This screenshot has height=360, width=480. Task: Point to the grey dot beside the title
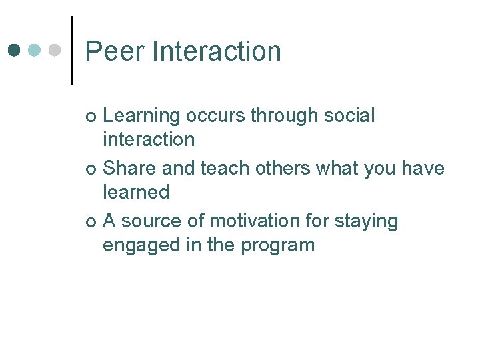(x=55, y=51)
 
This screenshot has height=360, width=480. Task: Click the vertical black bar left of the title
(x=71, y=50)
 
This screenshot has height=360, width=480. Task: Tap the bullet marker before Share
(x=91, y=169)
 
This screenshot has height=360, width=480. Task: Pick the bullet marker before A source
(x=91, y=222)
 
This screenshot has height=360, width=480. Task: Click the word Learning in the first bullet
(x=141, y=116)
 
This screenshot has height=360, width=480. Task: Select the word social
(x=349, y=115)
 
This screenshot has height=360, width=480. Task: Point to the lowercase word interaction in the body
(x=148, y=139)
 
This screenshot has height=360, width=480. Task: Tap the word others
(x=280, y=168)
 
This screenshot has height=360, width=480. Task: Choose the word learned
(x=136, y=192)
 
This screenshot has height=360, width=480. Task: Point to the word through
(x=284, y=116)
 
